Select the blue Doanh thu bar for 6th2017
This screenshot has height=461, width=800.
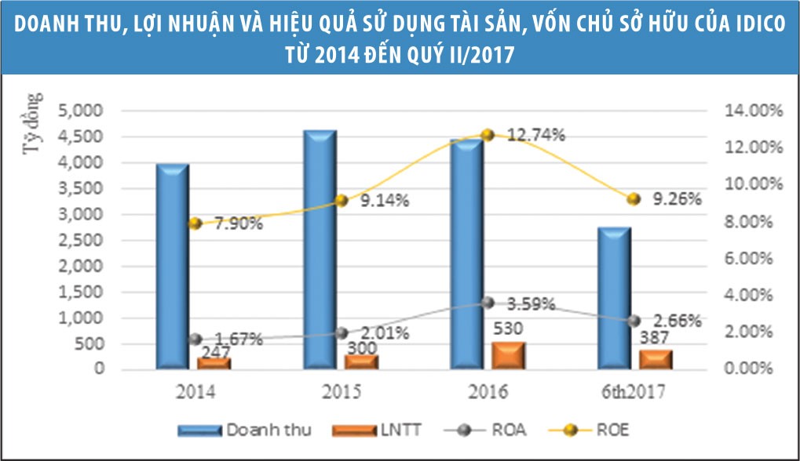pos(615,298)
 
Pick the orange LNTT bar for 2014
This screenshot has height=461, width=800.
pos(214,363)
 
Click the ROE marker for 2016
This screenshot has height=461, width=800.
pos(488,135)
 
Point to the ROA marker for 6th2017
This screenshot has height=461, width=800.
pos(634,321)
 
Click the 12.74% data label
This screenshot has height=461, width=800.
pos(536,135)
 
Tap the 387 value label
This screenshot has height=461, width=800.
pos(656,339)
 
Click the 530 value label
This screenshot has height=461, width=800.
pos(507,327)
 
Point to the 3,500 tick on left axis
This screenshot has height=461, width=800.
pos(82,189)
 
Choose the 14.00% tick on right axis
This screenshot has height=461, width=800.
pos(751,111)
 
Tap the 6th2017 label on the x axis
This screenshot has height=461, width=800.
pos(634,391)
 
